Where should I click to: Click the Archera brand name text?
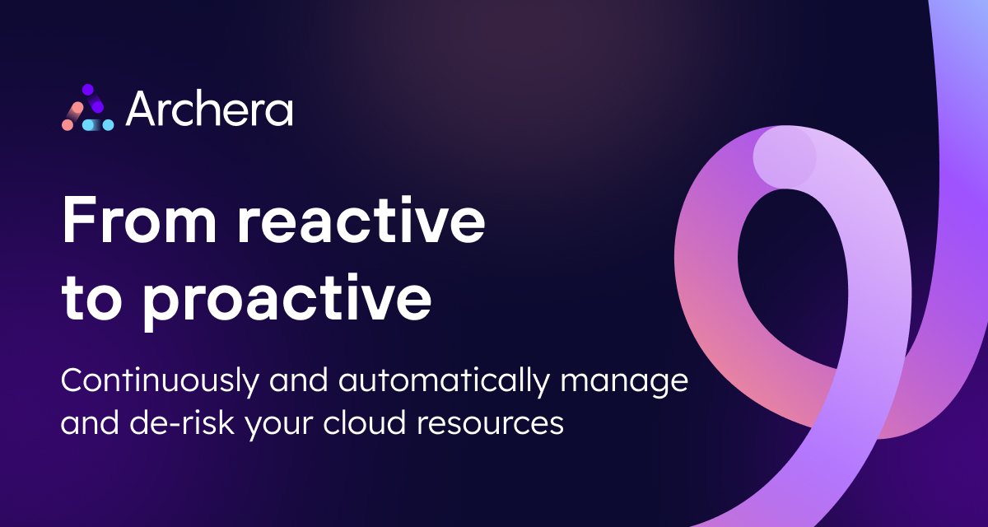(x=209, y=110)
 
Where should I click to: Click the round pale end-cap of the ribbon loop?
(x=784, y=156)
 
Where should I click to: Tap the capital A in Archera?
(x=142, y=110)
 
